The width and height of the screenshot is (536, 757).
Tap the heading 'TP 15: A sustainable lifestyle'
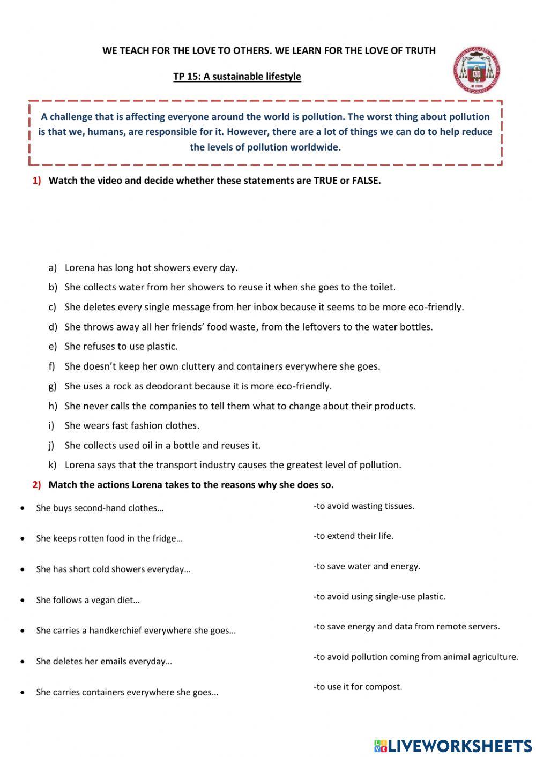[237, 77]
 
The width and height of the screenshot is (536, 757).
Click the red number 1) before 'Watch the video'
[36, 181]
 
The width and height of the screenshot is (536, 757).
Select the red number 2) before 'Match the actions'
[36, 485]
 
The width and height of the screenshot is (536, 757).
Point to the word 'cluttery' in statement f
[198, 366]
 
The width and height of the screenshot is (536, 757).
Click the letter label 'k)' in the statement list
[53, 465]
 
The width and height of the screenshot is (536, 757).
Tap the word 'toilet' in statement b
[381, 287]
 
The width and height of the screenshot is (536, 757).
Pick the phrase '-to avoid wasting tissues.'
[364, 506]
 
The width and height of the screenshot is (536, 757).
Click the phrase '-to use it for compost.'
[358, 687]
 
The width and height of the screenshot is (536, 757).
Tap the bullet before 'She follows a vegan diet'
[22, 600]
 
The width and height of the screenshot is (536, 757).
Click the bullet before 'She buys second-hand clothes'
[22, 508]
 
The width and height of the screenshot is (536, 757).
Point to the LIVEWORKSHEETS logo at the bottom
[453, 746]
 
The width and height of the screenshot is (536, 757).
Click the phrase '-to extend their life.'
[354, 536]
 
